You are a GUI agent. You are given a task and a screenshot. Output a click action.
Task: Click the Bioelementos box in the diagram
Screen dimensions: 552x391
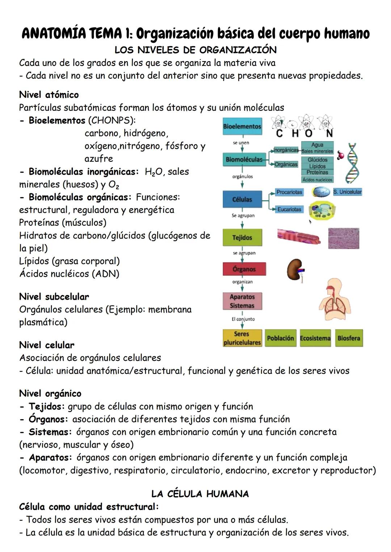[242, 127]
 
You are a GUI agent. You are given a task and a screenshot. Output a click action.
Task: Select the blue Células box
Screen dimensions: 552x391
[242, 199]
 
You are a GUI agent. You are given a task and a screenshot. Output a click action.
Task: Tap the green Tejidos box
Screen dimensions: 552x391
[242, 238]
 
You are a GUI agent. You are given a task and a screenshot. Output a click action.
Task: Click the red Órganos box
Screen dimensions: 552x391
[244, 269]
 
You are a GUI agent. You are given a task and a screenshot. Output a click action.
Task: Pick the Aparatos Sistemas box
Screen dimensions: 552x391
[242, 301]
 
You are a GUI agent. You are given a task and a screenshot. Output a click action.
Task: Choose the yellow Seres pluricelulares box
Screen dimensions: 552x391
[242, 338]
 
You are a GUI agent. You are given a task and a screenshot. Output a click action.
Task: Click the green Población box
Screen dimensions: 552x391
[280, 338]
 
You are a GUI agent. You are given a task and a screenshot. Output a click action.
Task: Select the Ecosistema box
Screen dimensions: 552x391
[315, 338]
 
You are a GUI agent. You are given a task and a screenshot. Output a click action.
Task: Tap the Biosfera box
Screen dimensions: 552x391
[349, 338]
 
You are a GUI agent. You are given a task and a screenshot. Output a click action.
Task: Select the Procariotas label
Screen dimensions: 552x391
[289, 192]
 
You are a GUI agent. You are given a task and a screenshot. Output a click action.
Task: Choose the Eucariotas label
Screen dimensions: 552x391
[289, 209]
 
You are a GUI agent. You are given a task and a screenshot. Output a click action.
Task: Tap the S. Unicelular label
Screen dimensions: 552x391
[347, 192]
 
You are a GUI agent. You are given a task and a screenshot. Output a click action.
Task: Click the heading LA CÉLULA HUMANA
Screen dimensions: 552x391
[200, 494]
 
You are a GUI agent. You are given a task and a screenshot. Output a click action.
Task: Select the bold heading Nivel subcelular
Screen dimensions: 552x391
[54, 297]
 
